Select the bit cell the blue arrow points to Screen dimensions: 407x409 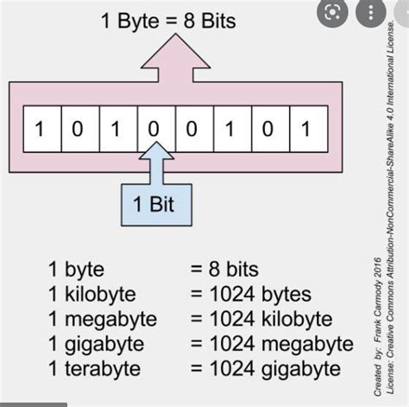coord(153,130)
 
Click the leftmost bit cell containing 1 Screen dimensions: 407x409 coord(39,130)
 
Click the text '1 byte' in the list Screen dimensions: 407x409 coord(76,270)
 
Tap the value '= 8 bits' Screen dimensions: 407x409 coord(223,270)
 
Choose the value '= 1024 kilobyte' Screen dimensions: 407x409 coord(260,319)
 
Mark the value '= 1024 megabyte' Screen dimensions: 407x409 coord(270,344)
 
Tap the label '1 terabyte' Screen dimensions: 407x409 coord(93,369)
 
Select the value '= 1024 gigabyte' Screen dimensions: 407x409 coord(263,369)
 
